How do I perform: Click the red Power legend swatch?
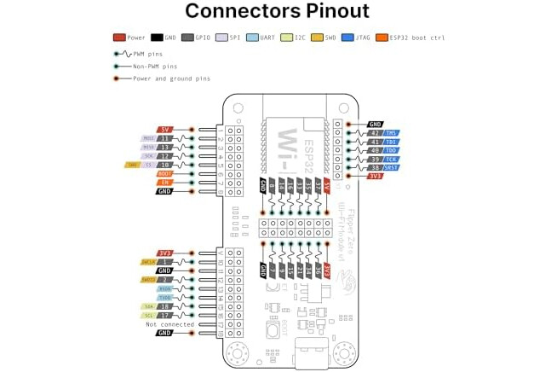[x=119, y=38]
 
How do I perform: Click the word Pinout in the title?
[x=326, y=11]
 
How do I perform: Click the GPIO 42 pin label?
[x=375, y=133]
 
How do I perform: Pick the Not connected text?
[x=169, y=324]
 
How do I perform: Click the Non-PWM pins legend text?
[x=155, y=65]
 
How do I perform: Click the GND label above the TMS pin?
[x=375, y=124]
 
